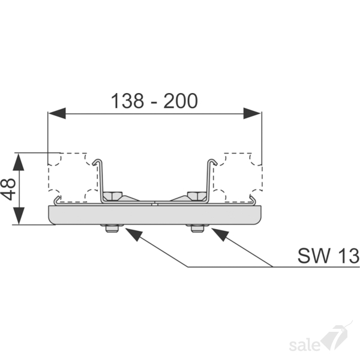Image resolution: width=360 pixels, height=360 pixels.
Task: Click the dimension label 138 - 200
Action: click(x=154, y=101)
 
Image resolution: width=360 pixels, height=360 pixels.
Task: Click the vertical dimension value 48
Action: click(x=8, y=189)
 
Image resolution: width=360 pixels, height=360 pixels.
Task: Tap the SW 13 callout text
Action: click(x=328, y=256)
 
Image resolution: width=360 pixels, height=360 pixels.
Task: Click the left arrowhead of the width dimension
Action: click(x=57, y=113)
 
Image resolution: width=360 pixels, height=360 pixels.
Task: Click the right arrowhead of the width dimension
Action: click(x=252, y=113)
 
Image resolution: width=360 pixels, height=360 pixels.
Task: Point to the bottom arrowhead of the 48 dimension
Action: click(x=19, y=216)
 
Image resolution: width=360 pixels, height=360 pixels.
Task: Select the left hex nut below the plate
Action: click(x=112, y=229)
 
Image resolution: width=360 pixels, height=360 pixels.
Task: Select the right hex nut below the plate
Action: click(x=198, y=229)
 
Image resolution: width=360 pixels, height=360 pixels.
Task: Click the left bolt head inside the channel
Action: click(x=112, y=196)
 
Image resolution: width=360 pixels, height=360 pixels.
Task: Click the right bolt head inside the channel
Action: click(x=197, y=196)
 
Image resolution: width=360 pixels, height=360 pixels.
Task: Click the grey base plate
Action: click(x=155, y=215)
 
